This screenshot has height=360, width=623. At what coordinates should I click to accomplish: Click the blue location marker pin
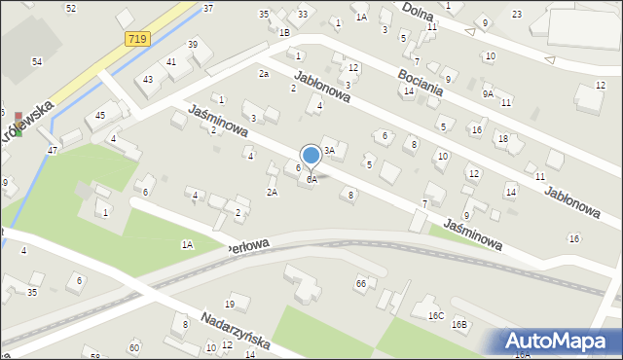(x=311, y=156)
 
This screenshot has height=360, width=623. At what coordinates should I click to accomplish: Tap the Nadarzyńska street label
(x=237, y=331)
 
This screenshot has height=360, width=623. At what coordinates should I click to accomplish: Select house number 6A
(x=311, y=179)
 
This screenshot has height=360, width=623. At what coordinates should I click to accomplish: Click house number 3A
(x=329, y=150)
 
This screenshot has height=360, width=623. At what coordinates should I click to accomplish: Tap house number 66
(x=361, y=283)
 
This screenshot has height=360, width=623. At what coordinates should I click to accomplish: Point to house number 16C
(x=435, y=315)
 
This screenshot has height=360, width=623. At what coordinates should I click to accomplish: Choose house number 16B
(x=458, y=324)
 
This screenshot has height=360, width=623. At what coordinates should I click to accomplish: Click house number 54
(x=36, y=61)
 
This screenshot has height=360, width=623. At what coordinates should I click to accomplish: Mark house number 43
(x=148, y=79)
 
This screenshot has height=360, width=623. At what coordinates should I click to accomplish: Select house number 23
(x=516, y=14)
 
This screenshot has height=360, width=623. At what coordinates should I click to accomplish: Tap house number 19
(x=230, y=306)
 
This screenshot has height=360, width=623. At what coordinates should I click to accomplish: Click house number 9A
(x=488, y=94)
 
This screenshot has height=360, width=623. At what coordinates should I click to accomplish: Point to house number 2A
(x=273, y=192)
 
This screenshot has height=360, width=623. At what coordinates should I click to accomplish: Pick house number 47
(x=53, y=151)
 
